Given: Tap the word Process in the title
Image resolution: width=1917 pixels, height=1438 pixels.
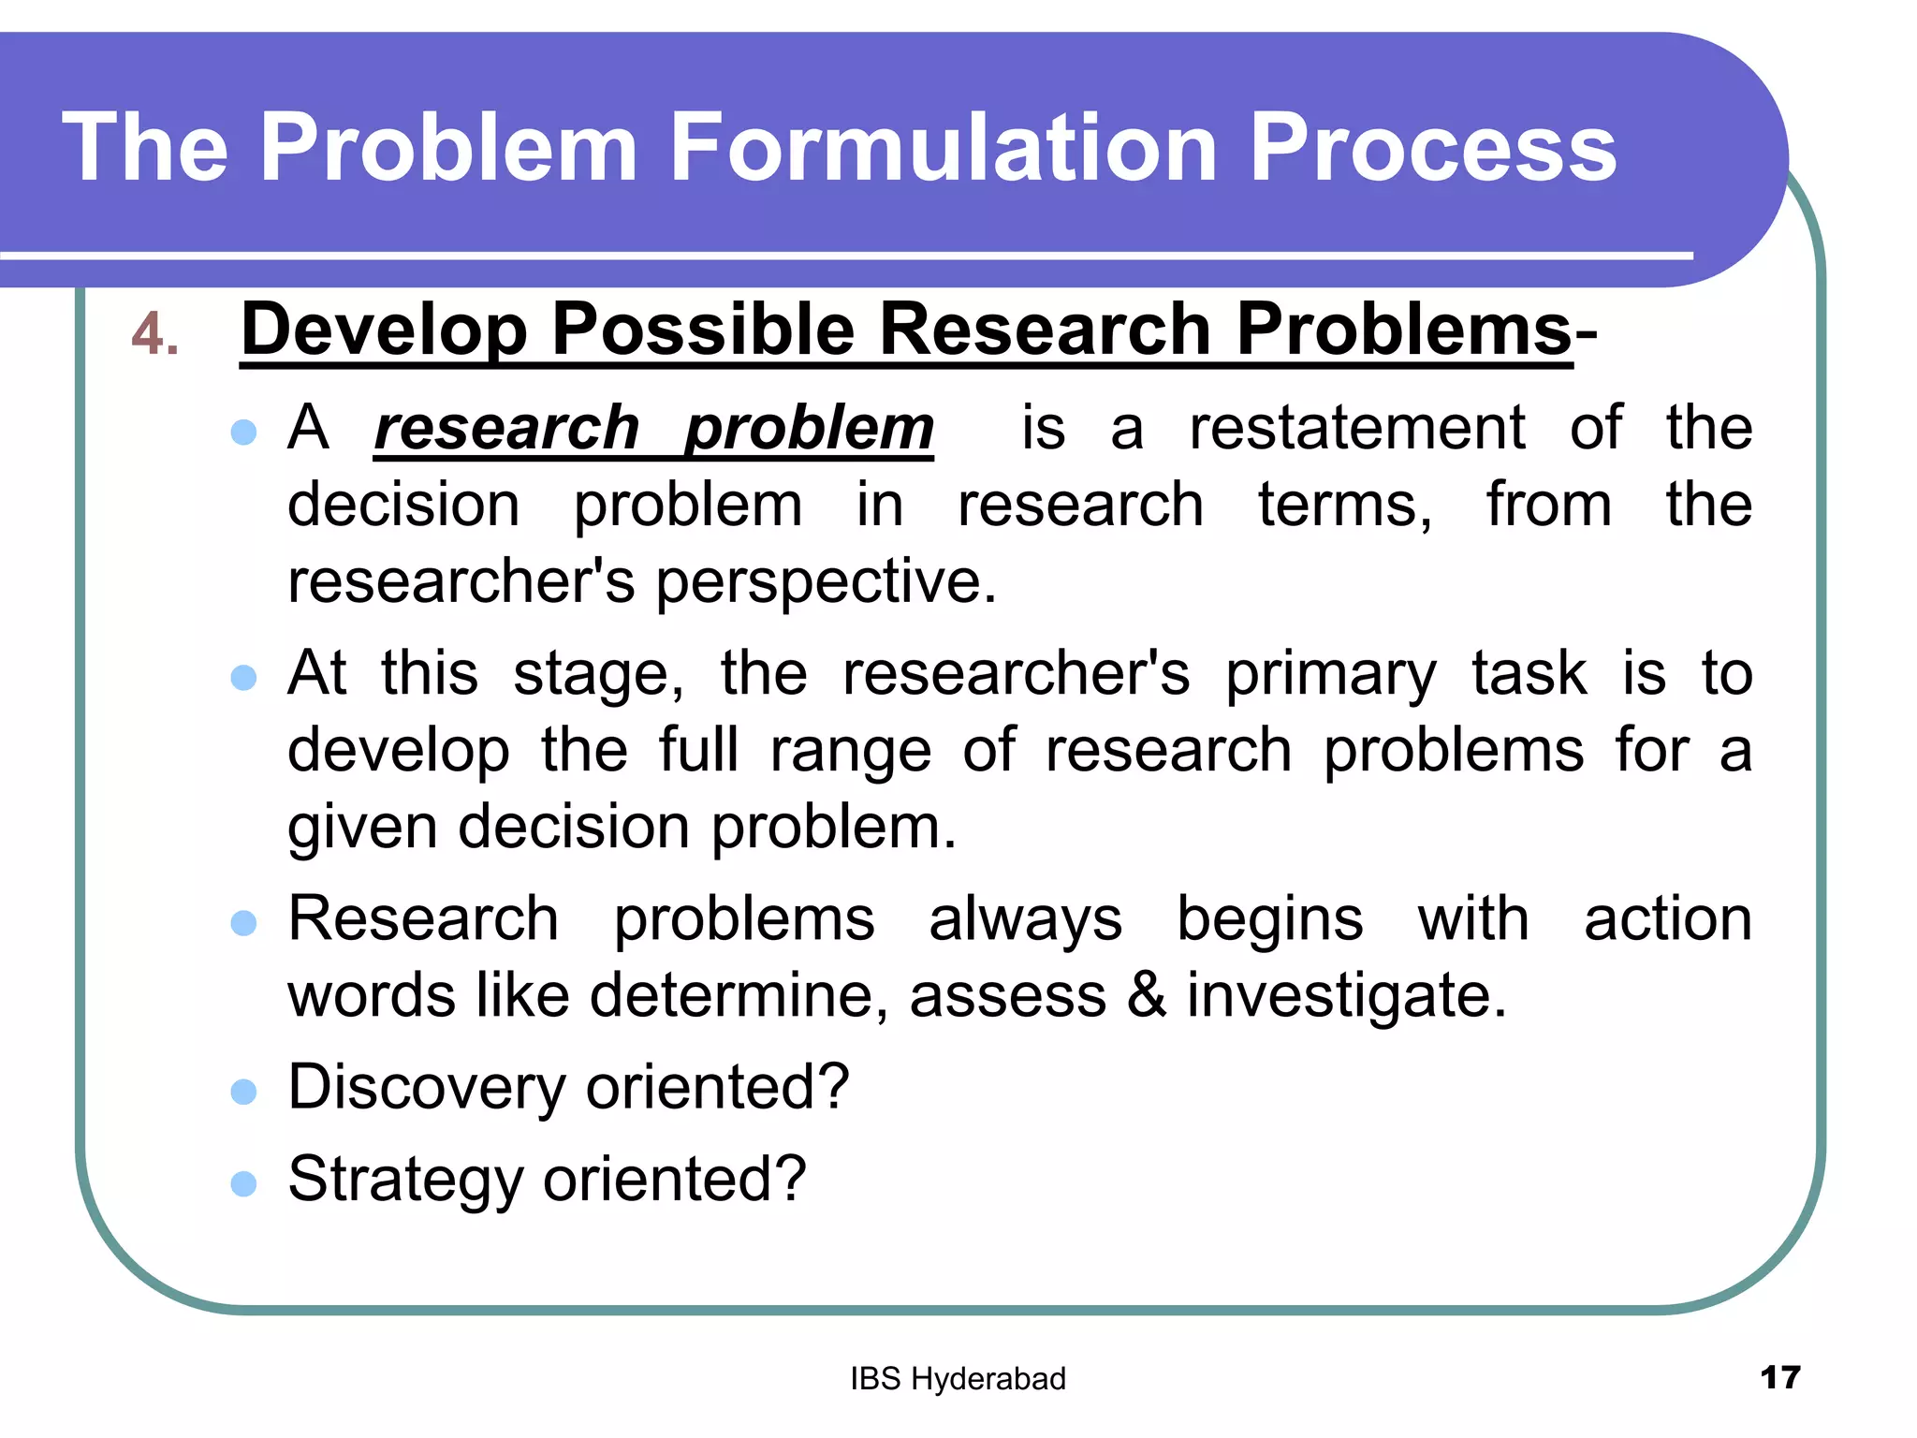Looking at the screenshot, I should click(1432, 147).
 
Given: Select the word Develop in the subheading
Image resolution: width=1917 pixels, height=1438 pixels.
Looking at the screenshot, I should click(385, 330).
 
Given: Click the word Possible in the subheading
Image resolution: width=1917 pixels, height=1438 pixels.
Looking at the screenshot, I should click(702, 330).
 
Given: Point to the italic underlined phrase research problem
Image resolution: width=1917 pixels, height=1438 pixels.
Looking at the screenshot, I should click(653, 429).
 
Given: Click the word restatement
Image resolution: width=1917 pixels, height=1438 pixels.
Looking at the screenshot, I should click(1356, 429).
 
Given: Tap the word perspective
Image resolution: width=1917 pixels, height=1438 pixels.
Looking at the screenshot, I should click(825, 582).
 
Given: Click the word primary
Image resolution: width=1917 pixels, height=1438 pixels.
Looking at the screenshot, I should click(1330, 674).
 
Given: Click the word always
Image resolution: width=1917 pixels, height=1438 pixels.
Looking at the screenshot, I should click(1025, 919).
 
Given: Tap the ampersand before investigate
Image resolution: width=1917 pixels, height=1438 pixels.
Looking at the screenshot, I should click(1146, 995).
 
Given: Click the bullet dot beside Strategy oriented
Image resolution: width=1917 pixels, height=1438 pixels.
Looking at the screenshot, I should click(243, 1183).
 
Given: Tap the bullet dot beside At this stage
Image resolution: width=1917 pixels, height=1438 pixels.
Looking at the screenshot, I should click(243, 677).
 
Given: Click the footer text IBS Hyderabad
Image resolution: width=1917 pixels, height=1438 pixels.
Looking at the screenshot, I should click(958, 1379).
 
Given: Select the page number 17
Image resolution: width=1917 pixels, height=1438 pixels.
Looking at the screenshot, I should click(1779, 1378).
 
